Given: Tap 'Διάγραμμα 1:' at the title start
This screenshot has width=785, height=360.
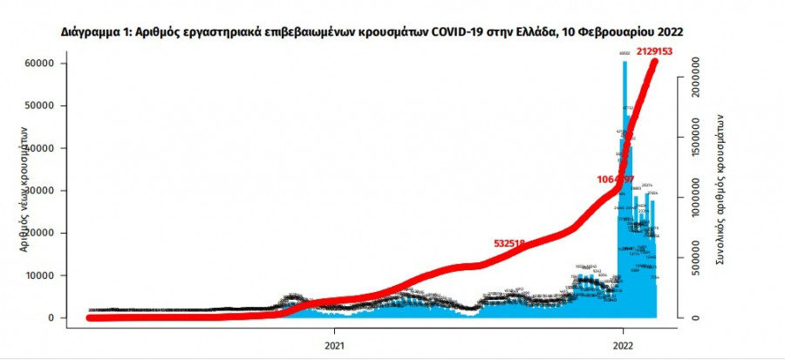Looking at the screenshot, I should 96,31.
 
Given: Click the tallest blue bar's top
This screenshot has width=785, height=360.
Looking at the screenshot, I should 625,61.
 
